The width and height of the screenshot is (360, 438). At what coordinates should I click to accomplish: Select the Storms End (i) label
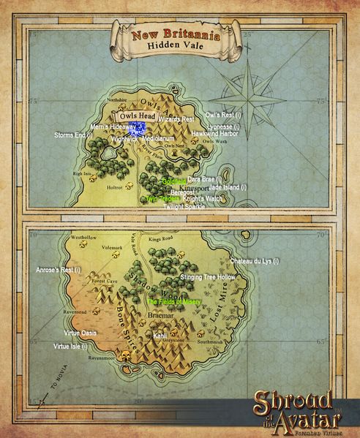coord(74,135)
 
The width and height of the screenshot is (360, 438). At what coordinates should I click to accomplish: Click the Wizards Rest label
coord(176,118)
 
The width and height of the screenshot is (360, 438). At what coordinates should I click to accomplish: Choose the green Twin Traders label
coord(162,198)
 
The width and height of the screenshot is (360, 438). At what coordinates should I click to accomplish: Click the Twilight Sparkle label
coord(184,207)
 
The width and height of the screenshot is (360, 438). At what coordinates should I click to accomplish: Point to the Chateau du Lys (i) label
coord(255,261)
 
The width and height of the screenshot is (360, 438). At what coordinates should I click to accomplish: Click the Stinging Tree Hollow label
coord(207,278)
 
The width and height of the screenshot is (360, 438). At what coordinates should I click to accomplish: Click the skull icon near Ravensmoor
coord(126,358)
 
